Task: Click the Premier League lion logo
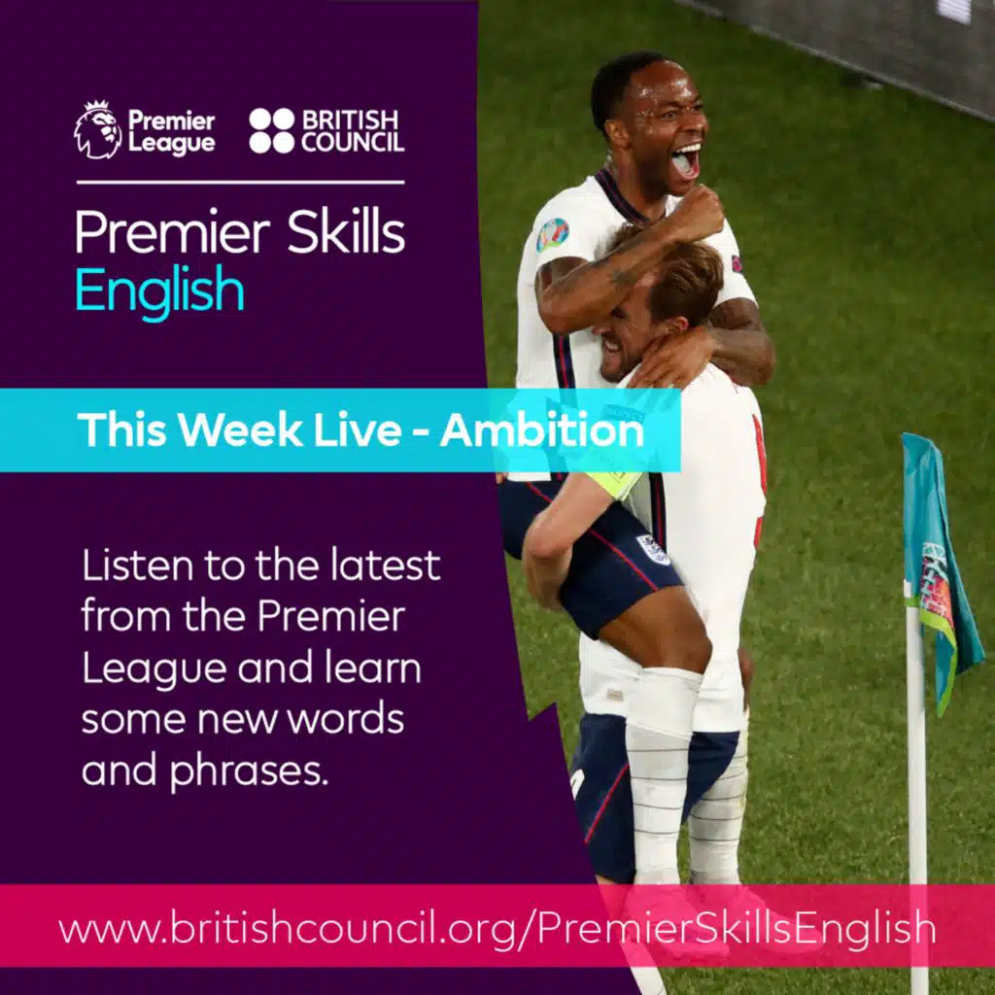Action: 97,130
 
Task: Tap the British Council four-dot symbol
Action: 271,130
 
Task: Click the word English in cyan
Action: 159,289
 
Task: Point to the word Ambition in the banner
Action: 541,429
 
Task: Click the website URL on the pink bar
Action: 497,929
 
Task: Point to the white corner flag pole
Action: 916,797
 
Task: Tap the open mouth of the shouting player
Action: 686,160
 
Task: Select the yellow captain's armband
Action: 618,483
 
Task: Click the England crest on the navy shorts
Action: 653,549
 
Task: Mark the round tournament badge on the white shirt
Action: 552,234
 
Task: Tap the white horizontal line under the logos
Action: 240,182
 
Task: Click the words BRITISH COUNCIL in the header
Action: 351,130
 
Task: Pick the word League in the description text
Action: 135,668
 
